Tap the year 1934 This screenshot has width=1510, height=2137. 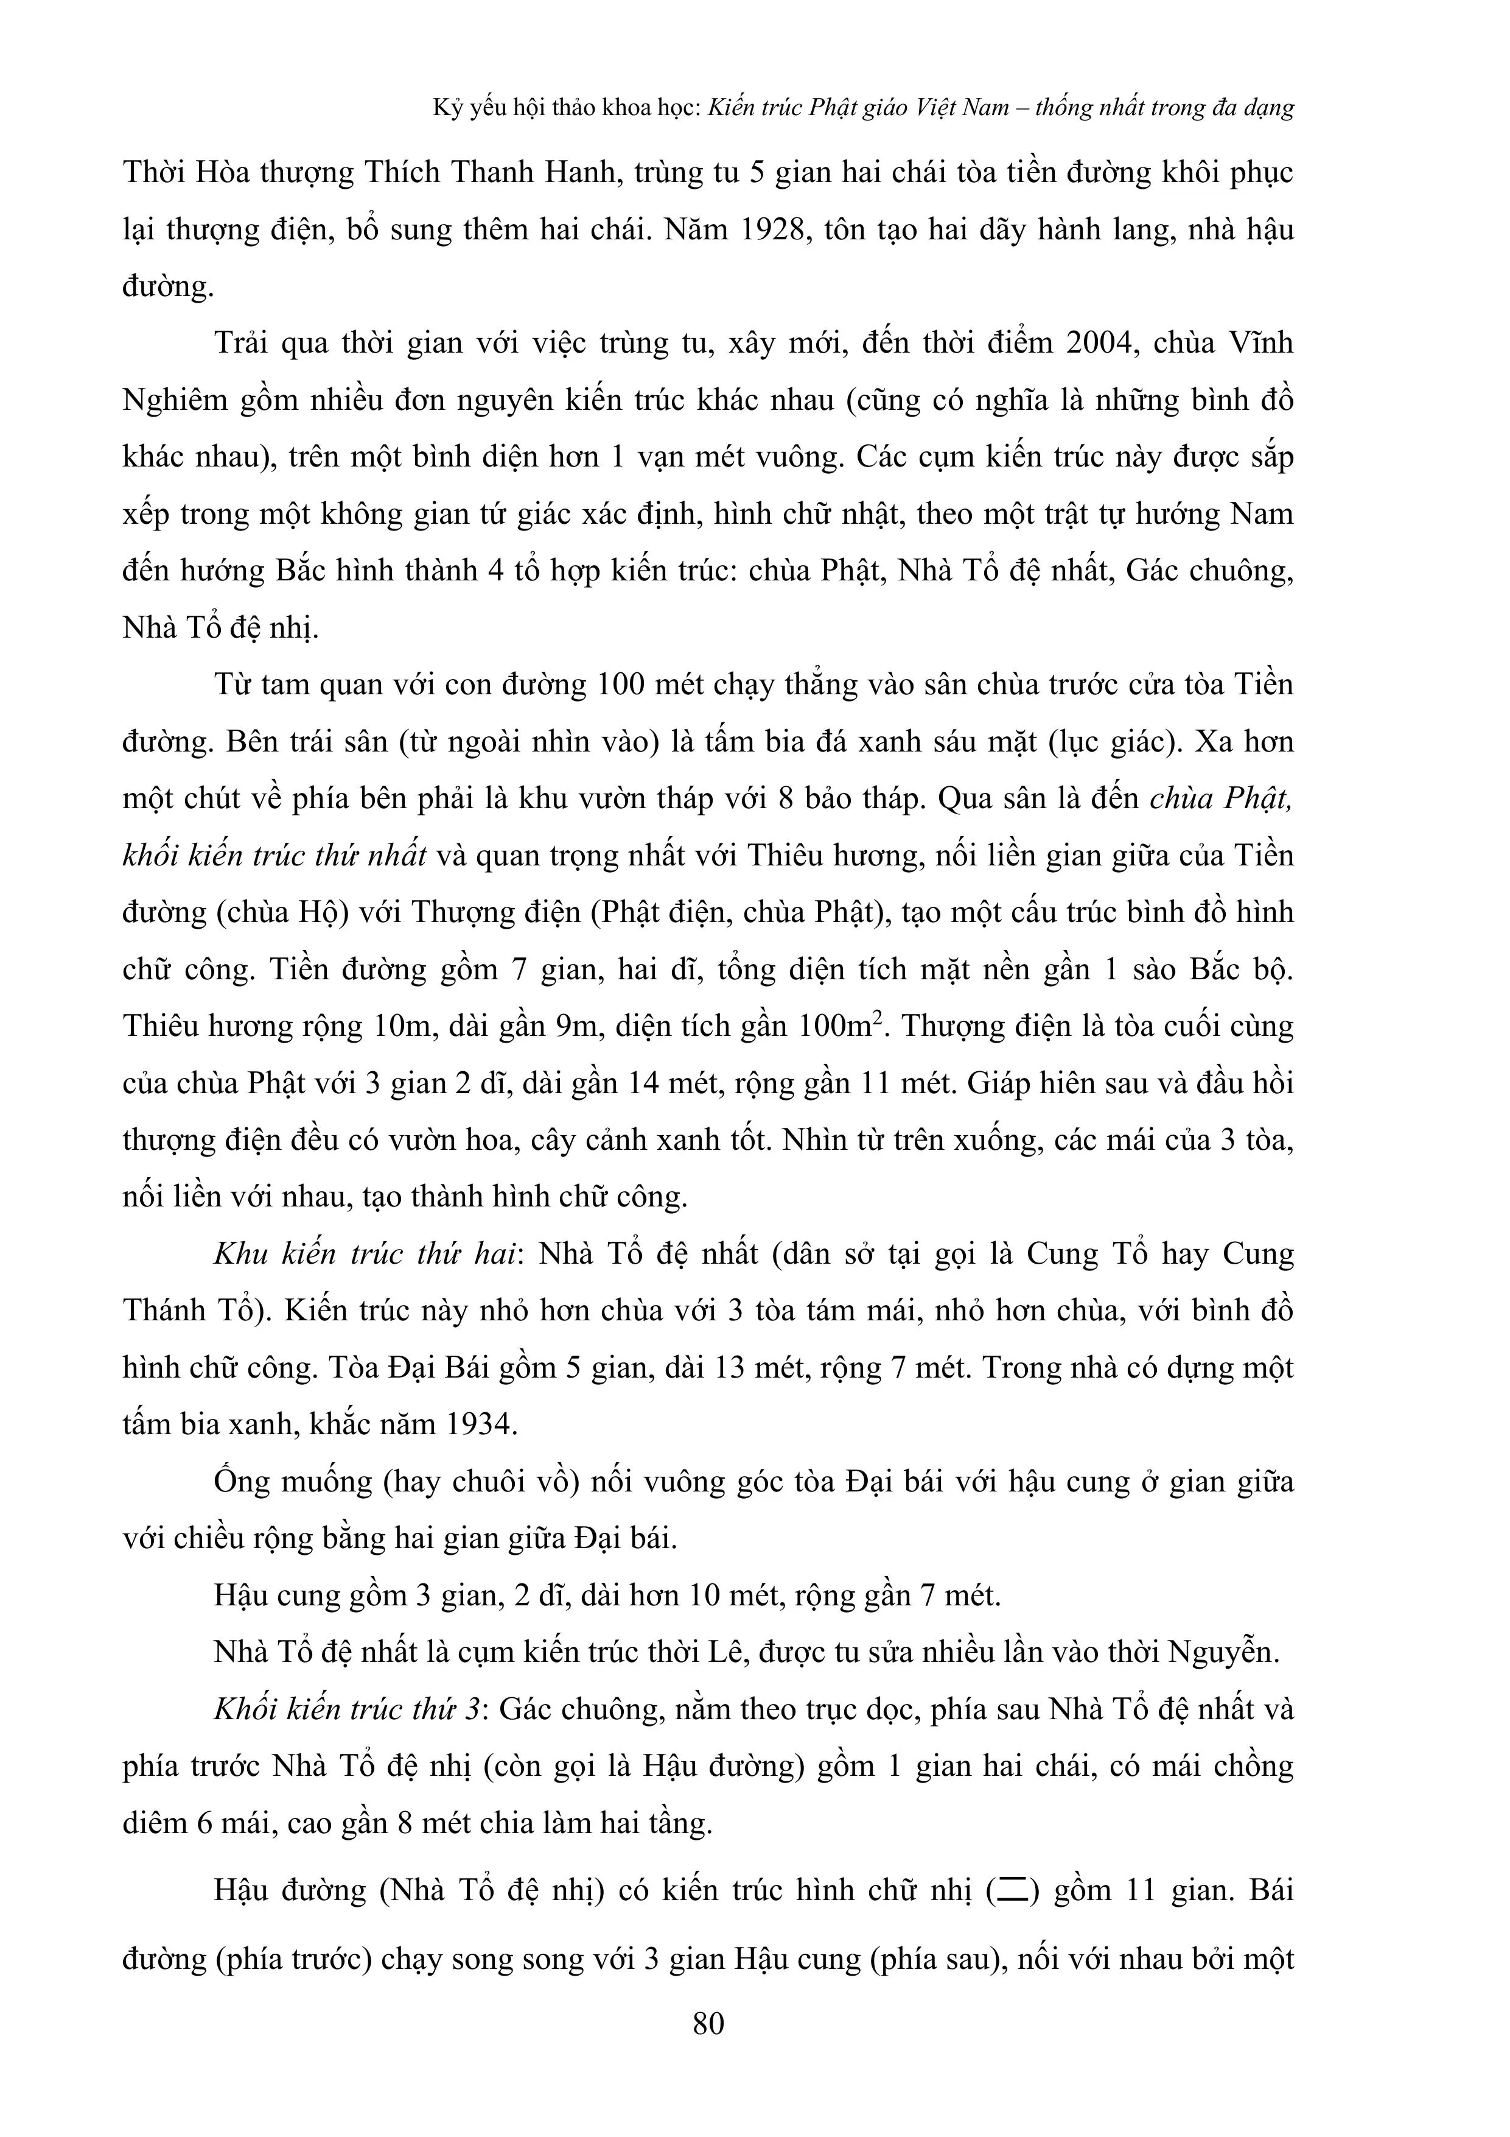click(484, 1424)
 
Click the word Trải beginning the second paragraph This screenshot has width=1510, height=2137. click(244, 343)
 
